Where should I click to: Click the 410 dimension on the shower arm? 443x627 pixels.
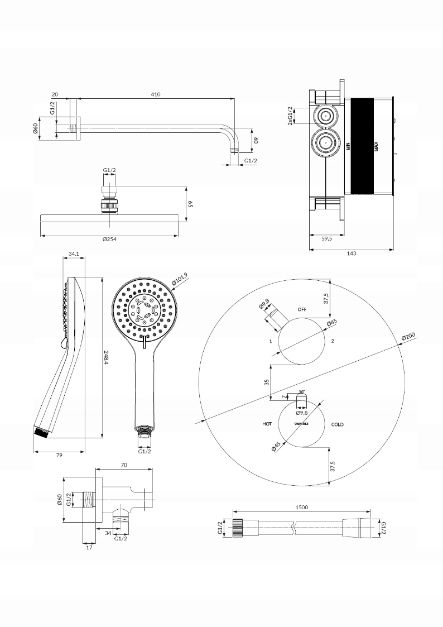pos(155,94)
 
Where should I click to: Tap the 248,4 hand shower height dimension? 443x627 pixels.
pos(106,357)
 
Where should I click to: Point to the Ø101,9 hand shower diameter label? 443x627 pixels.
pos(180,279)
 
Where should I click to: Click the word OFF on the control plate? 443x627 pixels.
pos(302,309)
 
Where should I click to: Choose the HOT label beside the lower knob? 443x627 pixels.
pos(267,424)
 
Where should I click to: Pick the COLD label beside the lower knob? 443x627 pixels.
pos(337,424)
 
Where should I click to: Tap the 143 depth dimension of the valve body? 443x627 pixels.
pos(351,253)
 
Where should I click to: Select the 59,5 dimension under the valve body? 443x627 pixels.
pos(327,238)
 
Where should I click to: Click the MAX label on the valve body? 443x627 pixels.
pos(377,147)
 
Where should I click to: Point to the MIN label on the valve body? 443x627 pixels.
pos(347,147)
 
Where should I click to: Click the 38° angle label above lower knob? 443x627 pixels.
pos(301,392)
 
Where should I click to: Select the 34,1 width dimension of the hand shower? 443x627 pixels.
pos(73,254)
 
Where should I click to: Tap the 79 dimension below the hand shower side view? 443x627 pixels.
pos(59,456)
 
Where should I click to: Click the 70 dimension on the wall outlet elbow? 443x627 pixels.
pos(124,465)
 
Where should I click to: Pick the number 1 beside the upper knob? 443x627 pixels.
pos(270,341)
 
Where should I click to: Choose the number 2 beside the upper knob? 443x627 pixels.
pos(333,341)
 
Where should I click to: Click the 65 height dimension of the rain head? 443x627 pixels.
pos(190,204)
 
